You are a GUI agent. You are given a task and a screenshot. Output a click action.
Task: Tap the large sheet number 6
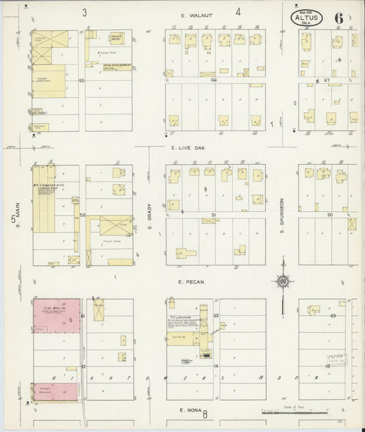[338, 17]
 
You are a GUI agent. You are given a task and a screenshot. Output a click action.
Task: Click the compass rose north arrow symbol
[282, 281]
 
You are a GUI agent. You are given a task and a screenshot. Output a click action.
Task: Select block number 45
[81, 80]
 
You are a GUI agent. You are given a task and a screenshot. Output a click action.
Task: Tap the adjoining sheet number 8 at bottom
[204, 414]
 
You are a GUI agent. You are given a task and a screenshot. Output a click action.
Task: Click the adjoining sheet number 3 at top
[84, 12]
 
